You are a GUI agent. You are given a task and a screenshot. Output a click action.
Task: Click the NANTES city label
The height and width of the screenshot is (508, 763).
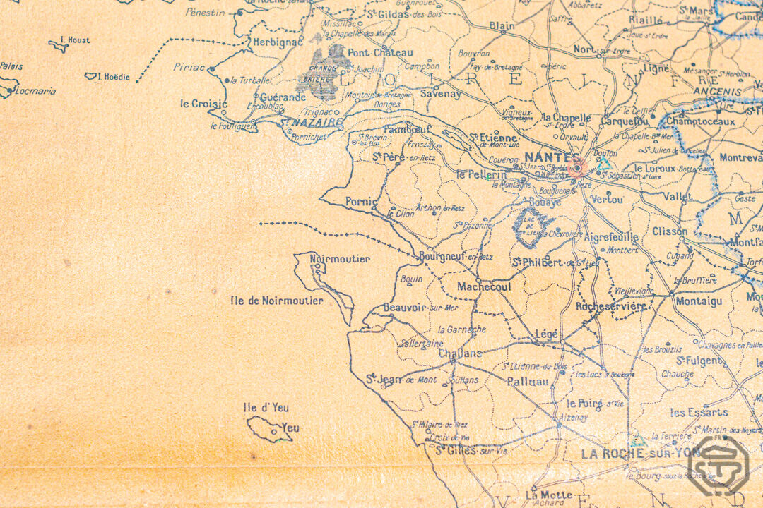(543, 159)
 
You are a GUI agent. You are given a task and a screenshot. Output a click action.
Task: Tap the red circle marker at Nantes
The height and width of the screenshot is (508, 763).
(576, 168)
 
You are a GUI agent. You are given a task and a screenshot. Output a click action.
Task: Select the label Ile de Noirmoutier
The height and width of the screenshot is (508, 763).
(276, 301)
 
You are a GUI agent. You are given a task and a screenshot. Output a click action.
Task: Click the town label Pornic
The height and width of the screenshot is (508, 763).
(361, 202)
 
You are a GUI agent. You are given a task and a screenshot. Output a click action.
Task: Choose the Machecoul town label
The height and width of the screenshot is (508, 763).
(484, 287)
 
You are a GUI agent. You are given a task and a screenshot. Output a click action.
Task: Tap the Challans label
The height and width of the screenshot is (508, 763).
(460, 353)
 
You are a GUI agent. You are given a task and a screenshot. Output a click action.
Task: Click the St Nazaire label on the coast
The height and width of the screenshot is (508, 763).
(311, 122)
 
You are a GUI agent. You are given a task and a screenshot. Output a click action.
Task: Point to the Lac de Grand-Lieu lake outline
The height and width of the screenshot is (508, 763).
(528, 226)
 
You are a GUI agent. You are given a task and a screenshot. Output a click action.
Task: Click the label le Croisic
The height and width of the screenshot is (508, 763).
(203, 104)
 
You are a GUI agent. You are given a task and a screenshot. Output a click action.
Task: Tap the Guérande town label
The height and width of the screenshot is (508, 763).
(283, 97)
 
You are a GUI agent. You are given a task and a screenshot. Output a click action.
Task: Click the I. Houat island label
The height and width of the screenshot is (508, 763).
(75, 40)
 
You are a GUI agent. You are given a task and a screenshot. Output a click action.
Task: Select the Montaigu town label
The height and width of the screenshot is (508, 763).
(699, 301)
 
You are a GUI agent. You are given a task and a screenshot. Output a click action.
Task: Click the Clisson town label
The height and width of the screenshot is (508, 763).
(669, 231)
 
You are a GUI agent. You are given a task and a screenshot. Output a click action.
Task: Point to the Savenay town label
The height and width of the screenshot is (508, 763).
(440, 94)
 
